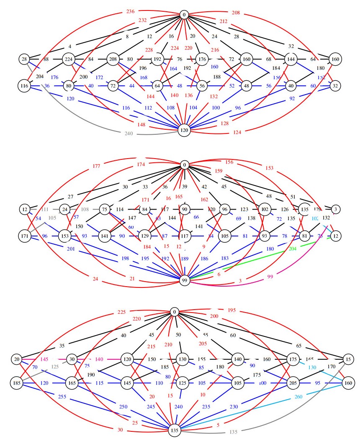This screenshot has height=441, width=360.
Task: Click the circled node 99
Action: (x=184, y=280)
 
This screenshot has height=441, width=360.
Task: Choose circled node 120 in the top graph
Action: (x=184, y=130)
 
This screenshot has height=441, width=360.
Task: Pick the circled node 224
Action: (x=69, y=59)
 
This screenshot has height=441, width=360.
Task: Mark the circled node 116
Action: (x=23, y=86)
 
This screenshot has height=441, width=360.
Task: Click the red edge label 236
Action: (x=131, y=11)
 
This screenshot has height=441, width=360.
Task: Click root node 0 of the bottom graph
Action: (x=175, y=312)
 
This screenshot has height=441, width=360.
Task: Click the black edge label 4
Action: (x=70, y=46)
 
